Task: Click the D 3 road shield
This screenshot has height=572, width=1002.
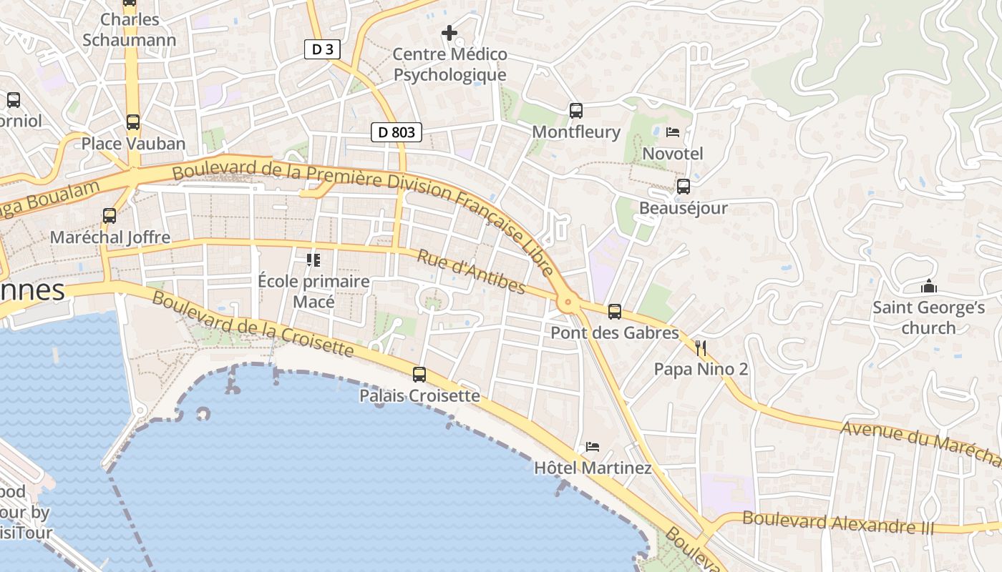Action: [x=322, y=49]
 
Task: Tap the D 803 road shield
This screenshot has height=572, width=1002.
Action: [x=397, y=132]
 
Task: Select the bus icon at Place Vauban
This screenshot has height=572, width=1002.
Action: [x=132, y=122]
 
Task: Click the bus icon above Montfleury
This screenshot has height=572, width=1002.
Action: [x=576, y=111]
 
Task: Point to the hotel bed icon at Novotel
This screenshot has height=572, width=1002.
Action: [x=673, y=132]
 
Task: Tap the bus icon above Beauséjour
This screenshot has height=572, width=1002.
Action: [x=684, y=187]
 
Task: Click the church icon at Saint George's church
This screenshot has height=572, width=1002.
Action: [x=929, y=287]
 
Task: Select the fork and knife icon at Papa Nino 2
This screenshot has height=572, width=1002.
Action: [x=701, y=348]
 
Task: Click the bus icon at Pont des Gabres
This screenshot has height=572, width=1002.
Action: [x=615, y=312]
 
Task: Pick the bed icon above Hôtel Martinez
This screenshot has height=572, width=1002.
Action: [x=592, y=447]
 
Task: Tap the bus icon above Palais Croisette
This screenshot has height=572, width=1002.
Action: [x=419, y=374]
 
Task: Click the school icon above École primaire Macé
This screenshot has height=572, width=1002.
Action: [x=313, y=260]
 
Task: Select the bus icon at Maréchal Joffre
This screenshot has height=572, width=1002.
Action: [x=110, y=215]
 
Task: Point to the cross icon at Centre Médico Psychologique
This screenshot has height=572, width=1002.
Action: [x=449, y=33]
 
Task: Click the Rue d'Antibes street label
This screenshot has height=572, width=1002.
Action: [x=472, y=272]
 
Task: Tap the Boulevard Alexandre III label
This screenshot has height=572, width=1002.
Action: [x=838, y=523]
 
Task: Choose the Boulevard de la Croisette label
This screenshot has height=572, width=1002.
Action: [x=253, y=325]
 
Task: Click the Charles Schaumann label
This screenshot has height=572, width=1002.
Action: [x=129, y=29]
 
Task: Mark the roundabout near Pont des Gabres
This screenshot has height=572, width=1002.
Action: [x=569, y=303]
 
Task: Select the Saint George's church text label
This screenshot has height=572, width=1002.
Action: [x=928, y=318]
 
